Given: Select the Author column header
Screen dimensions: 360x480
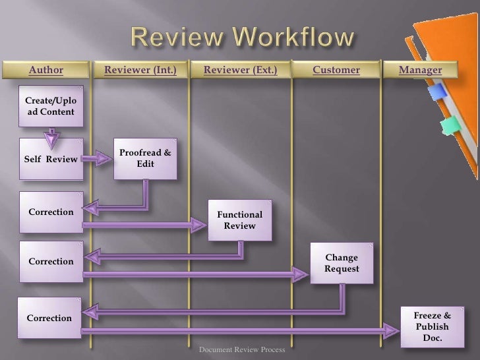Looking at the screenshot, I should point(45,70).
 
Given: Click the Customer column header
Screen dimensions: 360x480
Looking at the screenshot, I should point(336,70).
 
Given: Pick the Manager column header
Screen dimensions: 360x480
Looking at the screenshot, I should point(420,70).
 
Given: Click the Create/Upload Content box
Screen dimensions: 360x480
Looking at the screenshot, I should point(51,106).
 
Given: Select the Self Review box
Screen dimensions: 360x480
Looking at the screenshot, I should point(51,159).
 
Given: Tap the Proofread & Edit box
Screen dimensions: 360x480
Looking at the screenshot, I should point(144,158).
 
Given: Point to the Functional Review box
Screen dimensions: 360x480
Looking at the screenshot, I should point(239,220).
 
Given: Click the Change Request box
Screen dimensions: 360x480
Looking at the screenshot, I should point(341,263).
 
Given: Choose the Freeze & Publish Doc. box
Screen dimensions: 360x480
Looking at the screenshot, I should point(432,326).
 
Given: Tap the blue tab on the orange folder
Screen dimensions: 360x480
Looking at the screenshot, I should point(438,92).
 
